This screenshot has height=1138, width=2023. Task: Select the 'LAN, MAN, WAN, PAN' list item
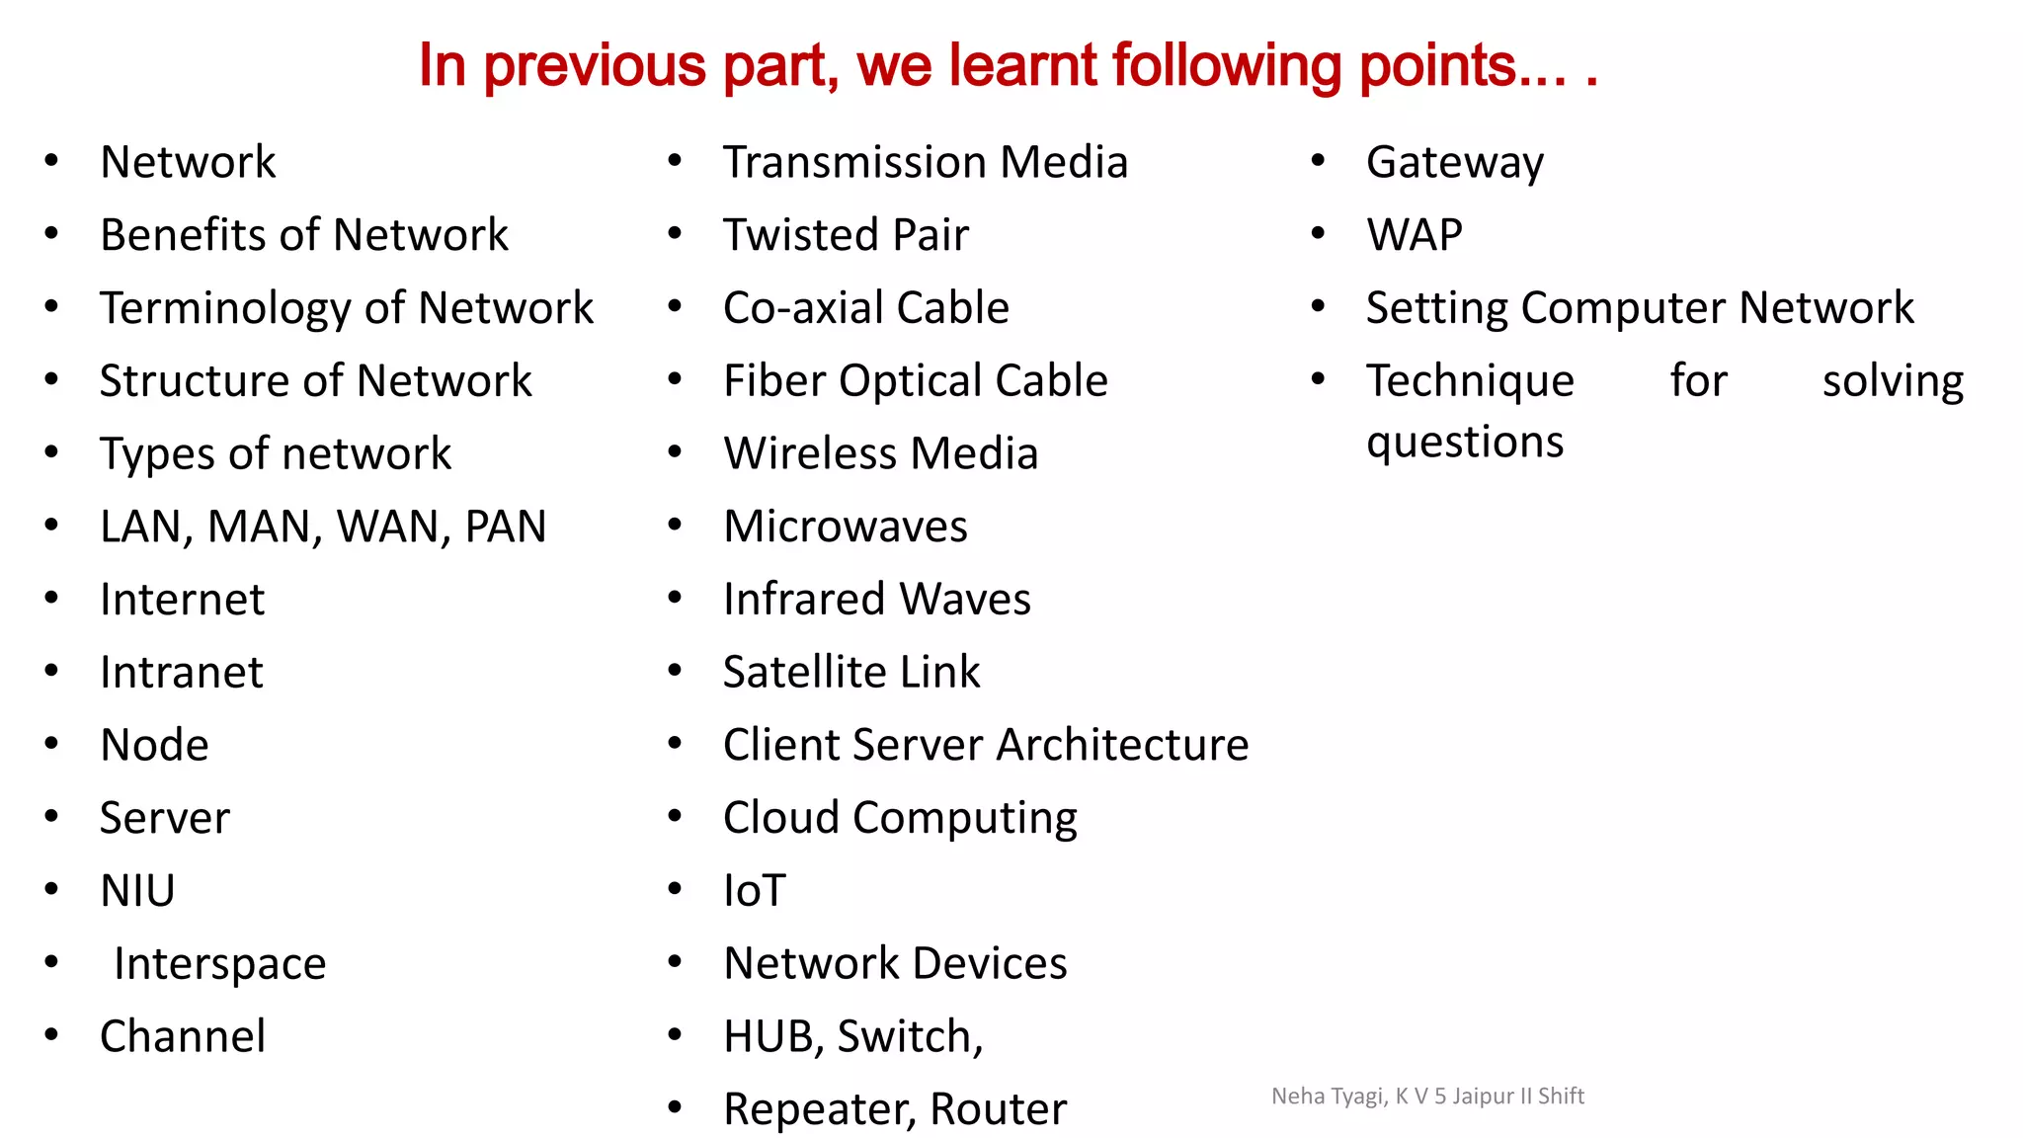(x=323, y=527)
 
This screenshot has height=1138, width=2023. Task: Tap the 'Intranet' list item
(x=182, y=673)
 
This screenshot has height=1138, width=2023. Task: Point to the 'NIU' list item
(x=137, y=891)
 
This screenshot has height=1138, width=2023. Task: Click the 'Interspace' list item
(x=219, y=964)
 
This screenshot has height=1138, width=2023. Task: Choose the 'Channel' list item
(x=183, y=1036)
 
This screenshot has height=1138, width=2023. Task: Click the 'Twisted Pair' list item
(x=846, y=235)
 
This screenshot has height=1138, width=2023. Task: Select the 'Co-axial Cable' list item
(x=865, y=308)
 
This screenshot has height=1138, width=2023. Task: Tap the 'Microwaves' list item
(x=845, y=527)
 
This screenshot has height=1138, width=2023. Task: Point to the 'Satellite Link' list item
(x=851, y=673)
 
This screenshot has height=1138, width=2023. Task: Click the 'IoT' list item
(x=755, y=891)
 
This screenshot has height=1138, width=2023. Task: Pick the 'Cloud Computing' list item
(x=900, y=819)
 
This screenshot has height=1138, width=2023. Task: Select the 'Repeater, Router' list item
(x=895, y=1109)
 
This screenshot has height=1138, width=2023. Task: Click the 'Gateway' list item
(x=1454, y=163)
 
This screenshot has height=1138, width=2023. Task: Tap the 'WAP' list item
(x=1414, y=235)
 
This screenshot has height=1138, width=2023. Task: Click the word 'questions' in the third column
(x=1465, y=442)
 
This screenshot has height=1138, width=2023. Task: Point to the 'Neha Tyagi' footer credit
(x=1427, y=1096)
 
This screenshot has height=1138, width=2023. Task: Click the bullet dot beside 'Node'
(x=51, y=744)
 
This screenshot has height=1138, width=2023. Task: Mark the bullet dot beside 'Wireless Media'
(x=675, y=452)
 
